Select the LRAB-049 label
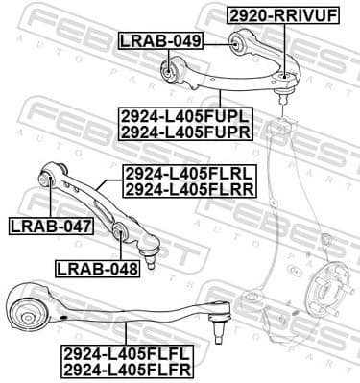[159, 40]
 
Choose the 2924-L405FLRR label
[188, 190]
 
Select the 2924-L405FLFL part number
[126, 352]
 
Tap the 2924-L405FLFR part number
[126, 369]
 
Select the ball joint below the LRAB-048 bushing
[151, 258]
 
